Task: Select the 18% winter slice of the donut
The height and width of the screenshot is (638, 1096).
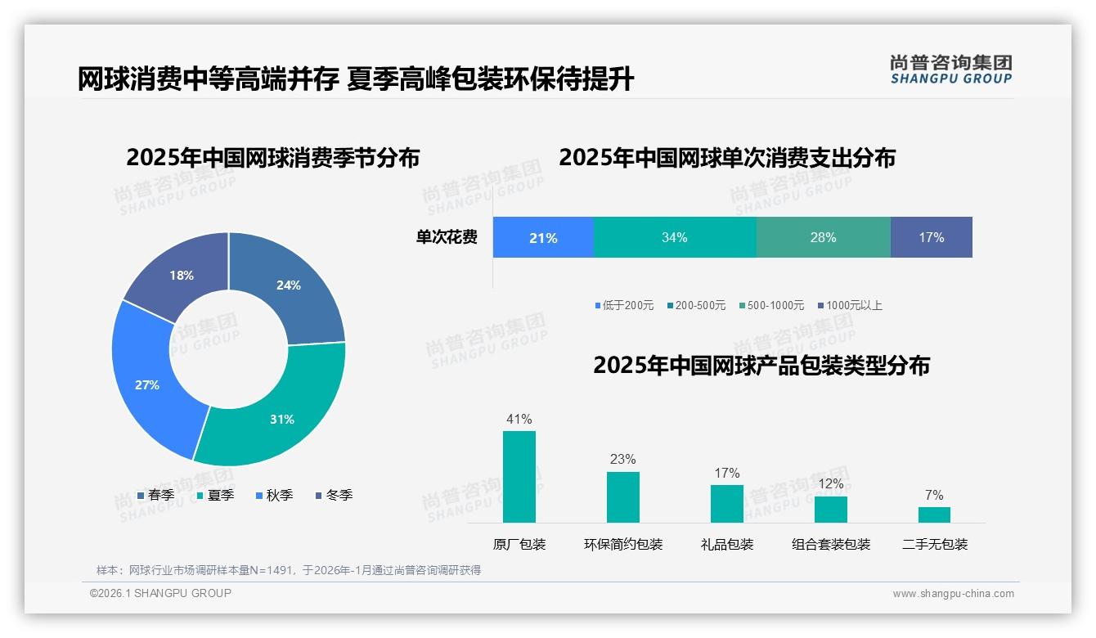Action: (178, 274)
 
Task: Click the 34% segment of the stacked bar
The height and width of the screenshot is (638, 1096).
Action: (675, 237)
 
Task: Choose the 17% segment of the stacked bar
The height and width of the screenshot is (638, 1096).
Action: (931, 237)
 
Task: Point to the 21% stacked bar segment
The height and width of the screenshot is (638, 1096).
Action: (543, 237)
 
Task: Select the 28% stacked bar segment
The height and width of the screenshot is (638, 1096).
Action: (823, 237)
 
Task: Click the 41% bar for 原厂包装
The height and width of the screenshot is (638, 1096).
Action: (519, 476)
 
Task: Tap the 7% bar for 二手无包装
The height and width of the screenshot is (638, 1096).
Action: (934, 514)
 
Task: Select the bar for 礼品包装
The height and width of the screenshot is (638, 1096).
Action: (727, 503)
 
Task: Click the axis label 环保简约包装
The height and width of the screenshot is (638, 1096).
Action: (623, 544)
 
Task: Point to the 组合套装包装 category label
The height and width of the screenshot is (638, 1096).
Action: (831, 544)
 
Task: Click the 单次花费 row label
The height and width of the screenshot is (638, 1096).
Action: (447, 237)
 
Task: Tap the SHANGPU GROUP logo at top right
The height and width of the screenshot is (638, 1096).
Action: (951, 69)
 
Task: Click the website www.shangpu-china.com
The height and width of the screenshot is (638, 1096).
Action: (953, 593)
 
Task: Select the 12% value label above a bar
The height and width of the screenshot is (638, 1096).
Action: (831, 483)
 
